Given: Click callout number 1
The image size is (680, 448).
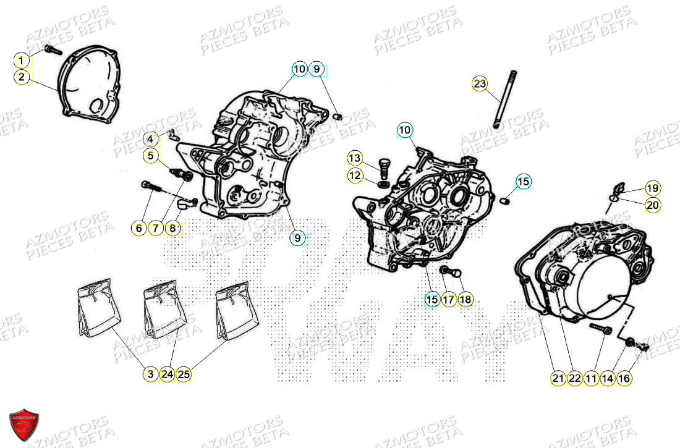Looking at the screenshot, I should tap(22, 61).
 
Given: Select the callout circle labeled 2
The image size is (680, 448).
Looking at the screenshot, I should tap(22, 77).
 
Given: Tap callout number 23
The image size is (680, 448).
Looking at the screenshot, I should tap(480, 84).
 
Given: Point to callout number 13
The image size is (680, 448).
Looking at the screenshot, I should tap(354, 159).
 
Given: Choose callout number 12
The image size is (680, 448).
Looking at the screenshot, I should tap(354, 176).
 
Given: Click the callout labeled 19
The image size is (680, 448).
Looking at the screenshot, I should tap(653, 188).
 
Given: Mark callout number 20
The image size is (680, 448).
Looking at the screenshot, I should tap(653, 205).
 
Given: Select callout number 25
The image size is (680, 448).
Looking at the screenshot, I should tap(184, 374).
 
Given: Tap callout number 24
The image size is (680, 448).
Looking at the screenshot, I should tap(167, 374).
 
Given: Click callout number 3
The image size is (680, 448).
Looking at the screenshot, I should tap(150, 374).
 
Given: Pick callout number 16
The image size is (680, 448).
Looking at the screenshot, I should tap(624, 378).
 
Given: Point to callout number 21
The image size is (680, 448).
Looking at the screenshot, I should tap(558, 378).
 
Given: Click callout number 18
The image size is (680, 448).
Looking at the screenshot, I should tap(465, 300).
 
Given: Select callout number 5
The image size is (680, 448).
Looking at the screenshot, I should tap(151, 156).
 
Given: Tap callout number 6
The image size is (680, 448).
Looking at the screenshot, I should tap(139, 229).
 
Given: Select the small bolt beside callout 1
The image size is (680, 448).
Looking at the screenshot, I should tap(52, 49).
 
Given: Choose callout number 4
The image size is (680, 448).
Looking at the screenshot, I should tap(151, 139).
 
